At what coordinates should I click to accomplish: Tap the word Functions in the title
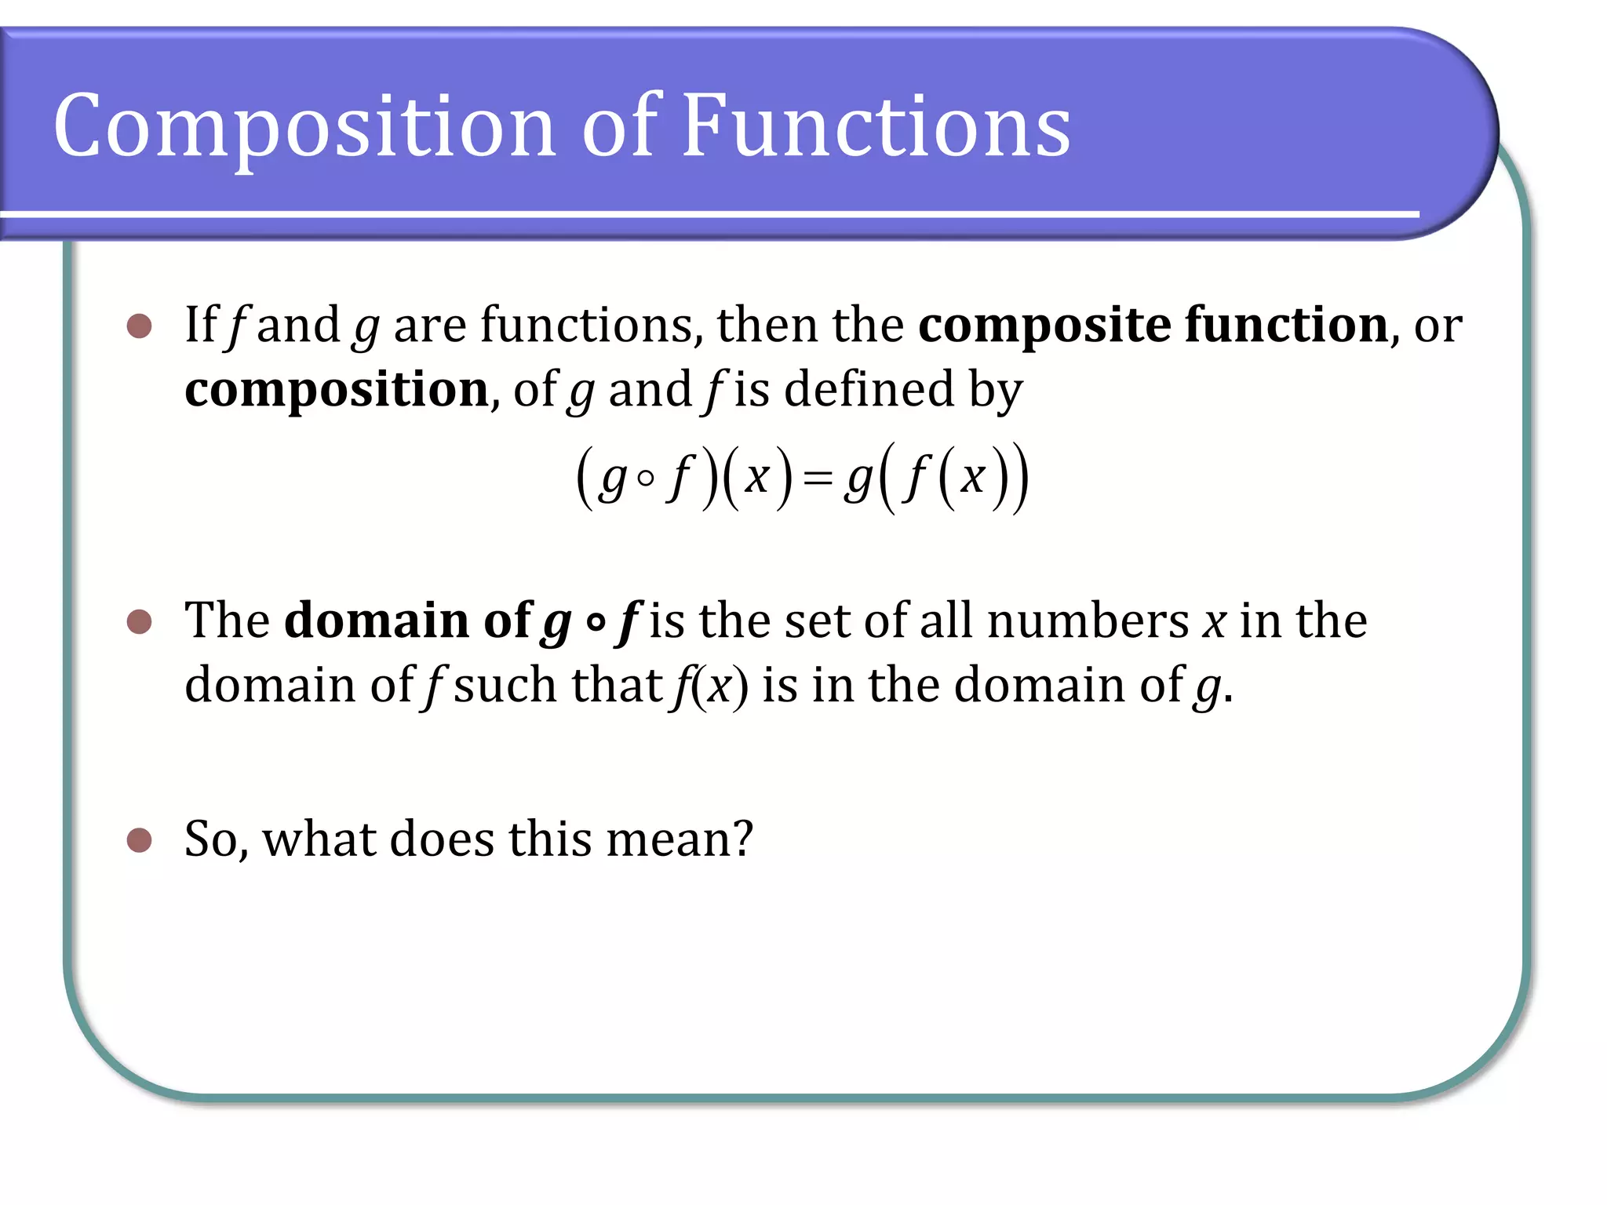pos(876,126)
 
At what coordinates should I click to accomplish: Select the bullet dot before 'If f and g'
pos(139,326)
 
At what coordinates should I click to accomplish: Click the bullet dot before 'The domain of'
pos(139,621)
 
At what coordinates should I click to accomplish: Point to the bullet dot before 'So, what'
pos(139,839)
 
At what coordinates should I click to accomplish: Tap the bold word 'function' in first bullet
pos(1287,324)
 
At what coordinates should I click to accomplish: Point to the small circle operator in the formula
pos(645,479)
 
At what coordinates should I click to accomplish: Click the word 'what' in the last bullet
pos(319,839)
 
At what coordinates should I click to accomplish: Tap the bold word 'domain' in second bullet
pos(377,621)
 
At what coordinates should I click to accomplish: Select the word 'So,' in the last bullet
pos(217,839)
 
